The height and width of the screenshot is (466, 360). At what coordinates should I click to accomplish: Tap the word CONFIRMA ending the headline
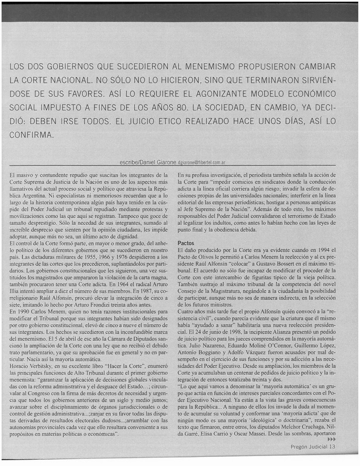point(31,135)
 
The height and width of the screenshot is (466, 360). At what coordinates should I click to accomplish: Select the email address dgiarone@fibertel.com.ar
point(202,162)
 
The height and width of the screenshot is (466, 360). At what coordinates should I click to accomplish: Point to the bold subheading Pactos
point(186,243)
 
